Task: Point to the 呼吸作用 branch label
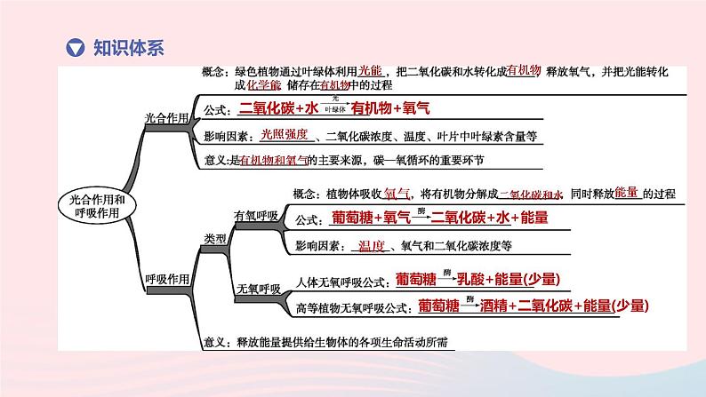point(166,279)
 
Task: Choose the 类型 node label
point(215,238)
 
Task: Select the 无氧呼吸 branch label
point(257,289)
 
